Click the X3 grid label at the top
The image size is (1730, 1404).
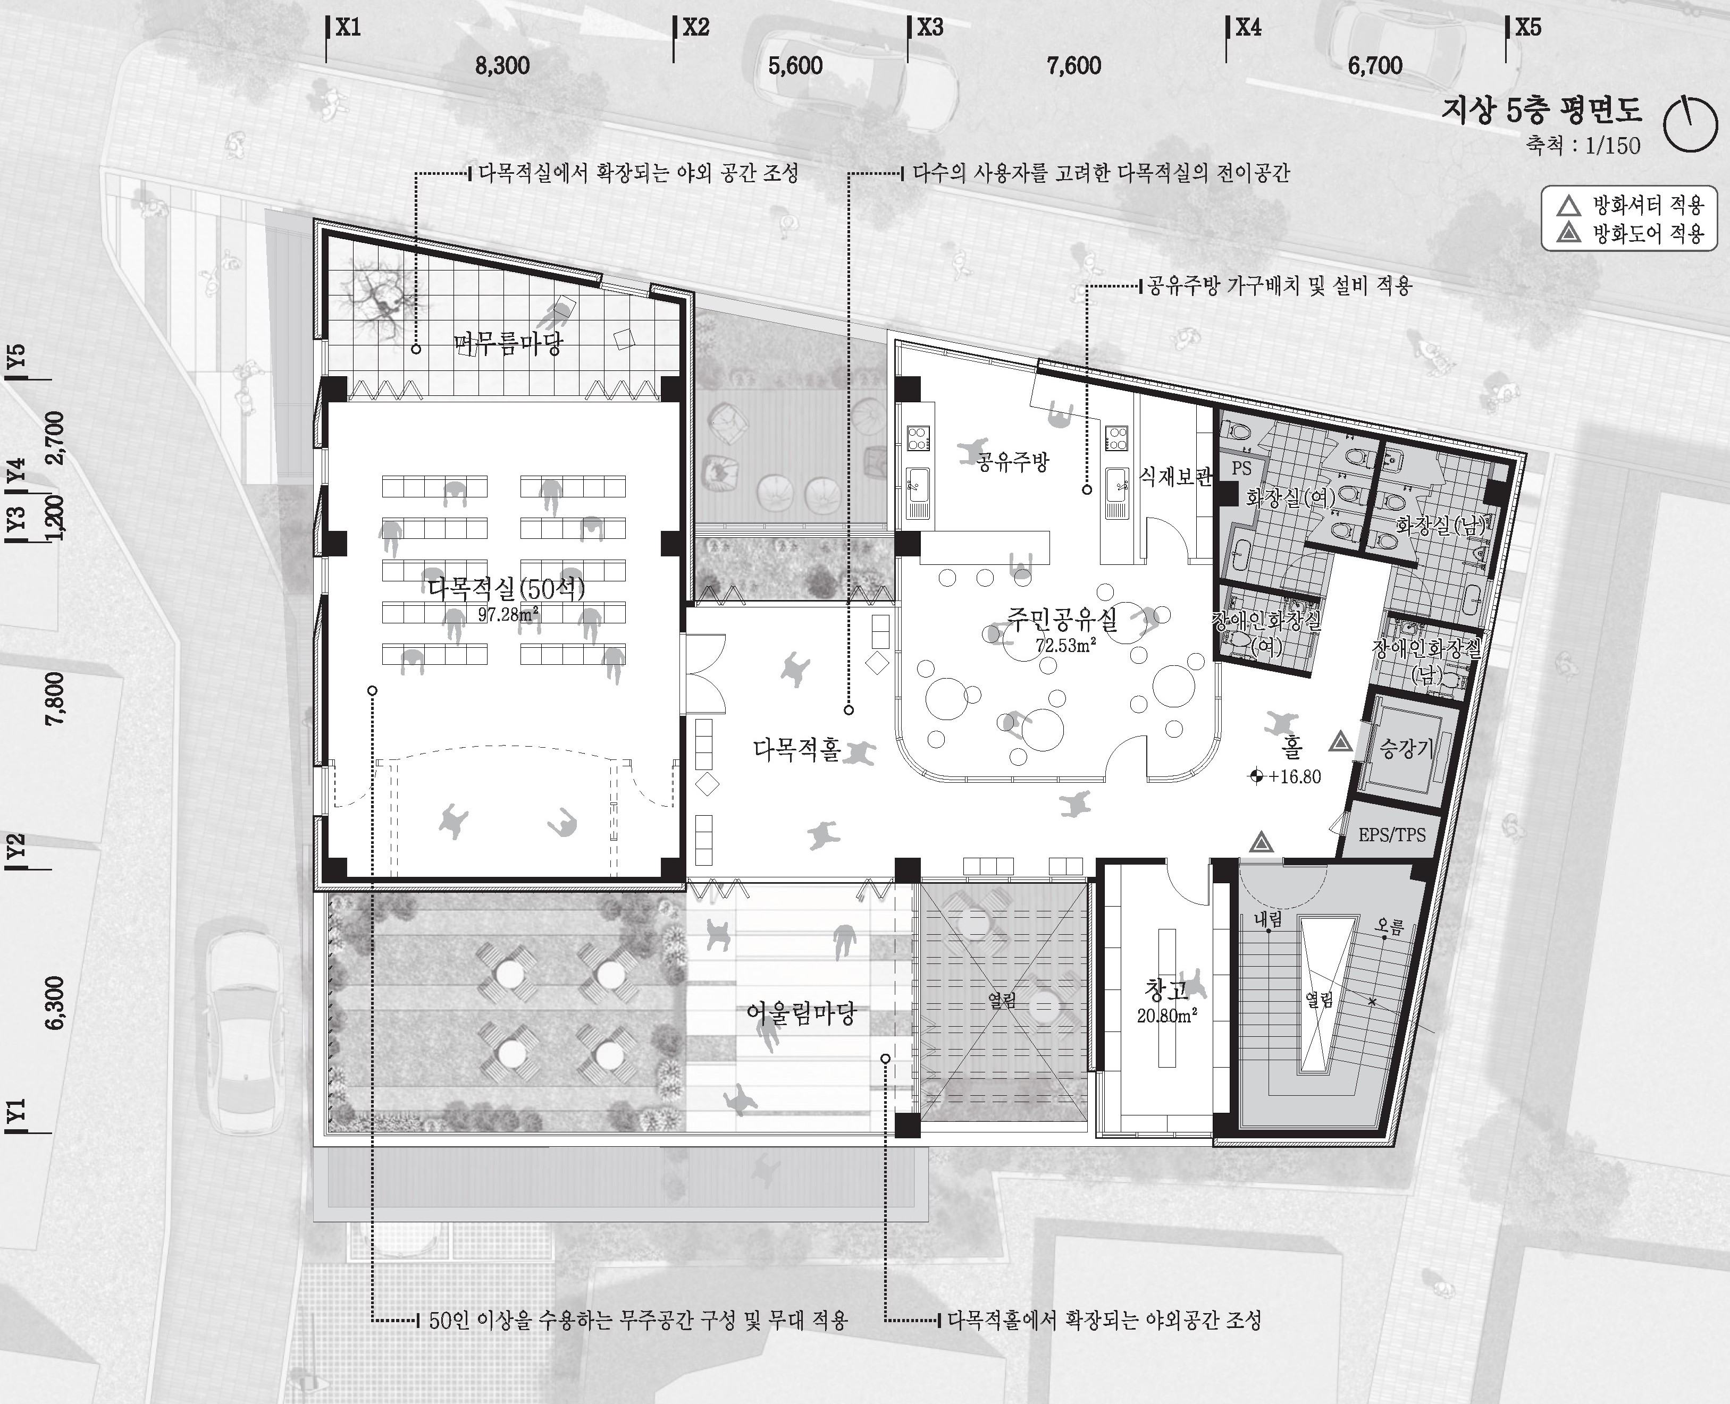[x=930, y=28]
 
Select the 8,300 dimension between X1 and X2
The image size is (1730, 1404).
[x=502, y=65]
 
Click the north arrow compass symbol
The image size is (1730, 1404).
[x=1690, y=124]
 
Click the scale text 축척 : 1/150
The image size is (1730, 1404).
[x=1583, y=146]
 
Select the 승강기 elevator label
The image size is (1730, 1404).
[x=1406, y=749]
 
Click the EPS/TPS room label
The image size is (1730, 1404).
[x=1392, y=835]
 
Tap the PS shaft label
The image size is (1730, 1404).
[x=1241, y=468]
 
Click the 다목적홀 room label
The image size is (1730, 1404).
[x=797, y=749]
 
